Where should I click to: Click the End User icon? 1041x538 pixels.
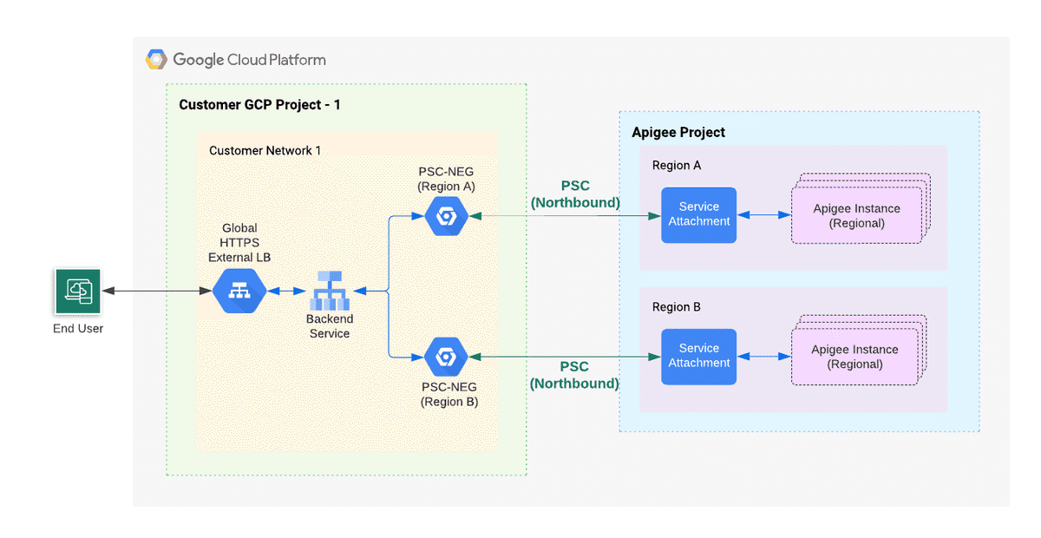tap(78, 292)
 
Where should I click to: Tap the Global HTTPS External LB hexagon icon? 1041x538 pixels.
tap(239, 292)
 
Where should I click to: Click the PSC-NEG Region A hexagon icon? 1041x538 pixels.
tap(447, 216)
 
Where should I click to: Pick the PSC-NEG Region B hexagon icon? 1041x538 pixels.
tap(447, 357)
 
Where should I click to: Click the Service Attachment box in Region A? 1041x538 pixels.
tap(698, 215)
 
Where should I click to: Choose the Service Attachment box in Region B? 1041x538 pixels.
tap(698, 357)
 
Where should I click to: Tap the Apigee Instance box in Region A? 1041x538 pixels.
tap(856, 216)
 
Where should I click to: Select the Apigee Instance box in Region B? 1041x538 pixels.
tap(854, 357)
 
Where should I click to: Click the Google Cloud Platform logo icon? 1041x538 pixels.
tap(156, 60)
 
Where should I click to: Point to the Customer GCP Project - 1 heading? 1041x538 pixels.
tap(259, 105)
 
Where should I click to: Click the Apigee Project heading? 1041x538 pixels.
tap(678, 133)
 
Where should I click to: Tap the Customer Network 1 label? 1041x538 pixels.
tap(265, 151)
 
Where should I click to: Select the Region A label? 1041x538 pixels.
tap(677, 166)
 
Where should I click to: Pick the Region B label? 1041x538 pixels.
tap(677, 307)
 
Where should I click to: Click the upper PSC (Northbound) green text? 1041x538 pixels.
tap(575, 194)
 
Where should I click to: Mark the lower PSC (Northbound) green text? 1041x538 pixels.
tap(574, 375)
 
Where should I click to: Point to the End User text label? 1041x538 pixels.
tap(78, 329)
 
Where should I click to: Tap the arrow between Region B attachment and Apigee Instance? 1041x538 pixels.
tap(763, 357)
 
